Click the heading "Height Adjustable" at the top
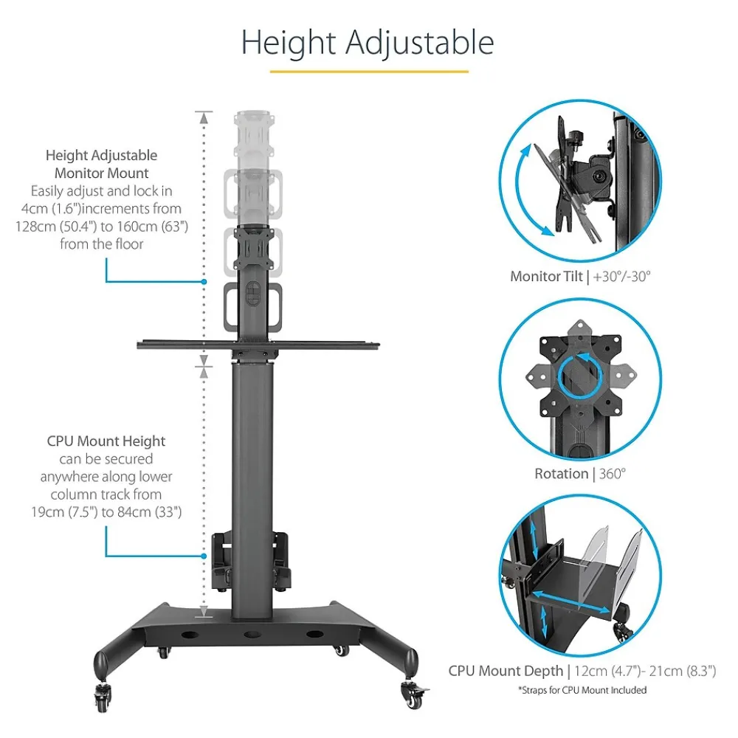coord(368,43)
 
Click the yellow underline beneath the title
coord(369,72)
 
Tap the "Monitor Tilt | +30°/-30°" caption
coord(579,277)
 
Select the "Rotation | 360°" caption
coord(580,474)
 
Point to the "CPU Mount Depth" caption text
coord(505,671)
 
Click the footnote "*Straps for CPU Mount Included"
coord(582,690)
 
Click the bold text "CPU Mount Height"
coord(106,441)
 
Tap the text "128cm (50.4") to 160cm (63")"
coord(102,227)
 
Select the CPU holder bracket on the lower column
coord(251,559)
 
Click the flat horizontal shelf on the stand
coord(258,345)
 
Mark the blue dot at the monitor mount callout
coord(204,282)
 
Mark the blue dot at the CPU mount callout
coord(204,556)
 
